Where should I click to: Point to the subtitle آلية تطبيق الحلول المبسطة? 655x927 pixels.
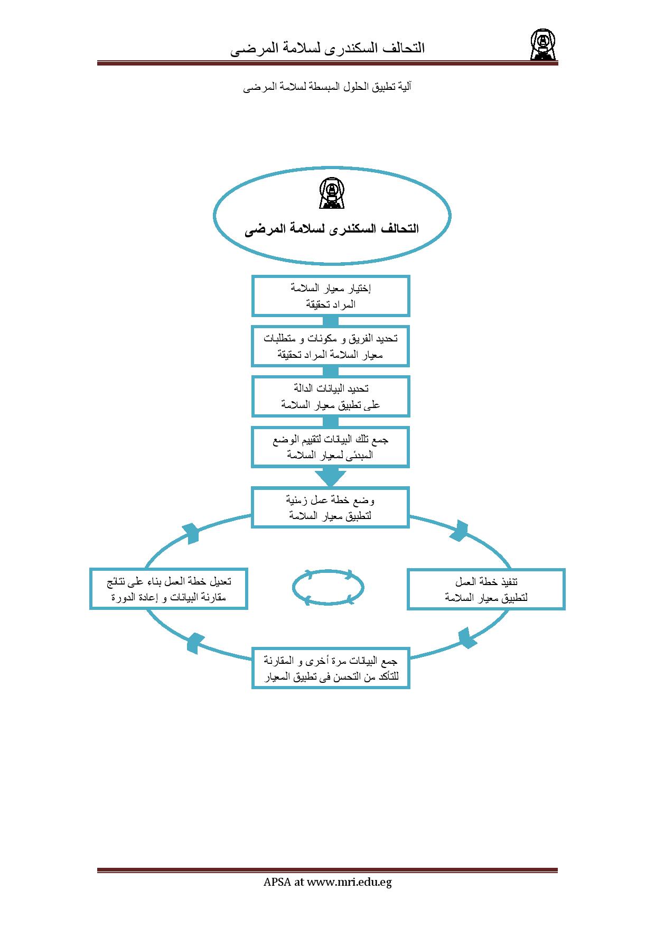click(x=327, y=87)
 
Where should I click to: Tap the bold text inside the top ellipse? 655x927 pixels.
click(x=332, y=229)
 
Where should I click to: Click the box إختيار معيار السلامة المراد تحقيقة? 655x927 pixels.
click(x=331, y=296)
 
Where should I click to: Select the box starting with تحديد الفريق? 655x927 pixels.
click(x=331, y=346)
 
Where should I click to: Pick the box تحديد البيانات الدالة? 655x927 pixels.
click(x=331, y=396)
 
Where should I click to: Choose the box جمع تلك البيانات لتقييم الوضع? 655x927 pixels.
click(x=331, y=447)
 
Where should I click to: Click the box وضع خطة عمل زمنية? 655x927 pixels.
click(x=331, y=507)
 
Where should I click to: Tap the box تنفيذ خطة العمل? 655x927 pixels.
click(x=486, y=589)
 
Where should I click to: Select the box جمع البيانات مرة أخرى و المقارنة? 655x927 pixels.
click(x=331, y=668)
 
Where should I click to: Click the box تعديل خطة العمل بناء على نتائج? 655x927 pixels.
click(x=169, y=589)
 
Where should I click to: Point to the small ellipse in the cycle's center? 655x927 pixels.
click(x=328, y=587)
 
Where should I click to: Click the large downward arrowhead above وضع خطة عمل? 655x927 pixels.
click(x=331, y=478)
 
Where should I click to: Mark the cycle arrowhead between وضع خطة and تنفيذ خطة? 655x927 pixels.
click(x=461, y=531)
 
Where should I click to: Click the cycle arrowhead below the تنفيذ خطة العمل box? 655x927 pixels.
click(x=466, y=638)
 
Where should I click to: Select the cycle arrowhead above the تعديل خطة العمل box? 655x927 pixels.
click(x=191, y=533)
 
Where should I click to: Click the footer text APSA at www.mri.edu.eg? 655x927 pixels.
click(x=327, y=882)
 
